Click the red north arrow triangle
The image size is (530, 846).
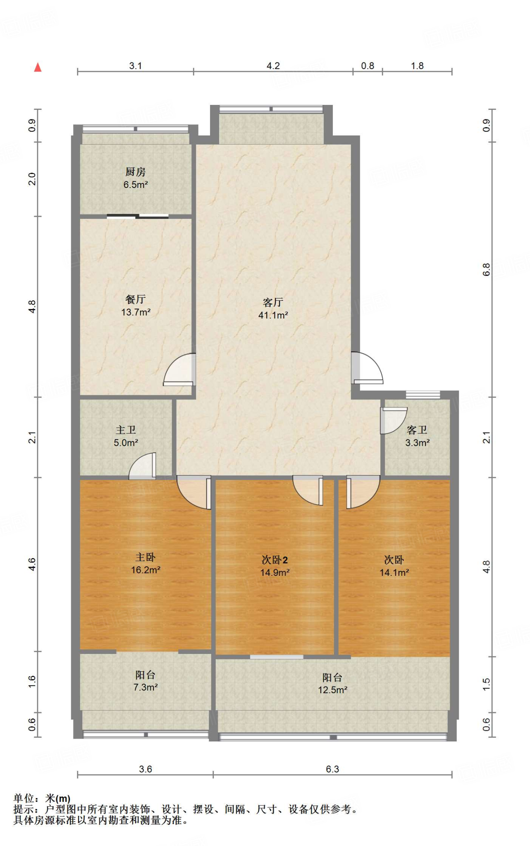coord(38,67)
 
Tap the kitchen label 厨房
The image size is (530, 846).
coord(136,172)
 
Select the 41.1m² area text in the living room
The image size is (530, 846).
coord(273,315)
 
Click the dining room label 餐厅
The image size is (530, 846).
coord(136,299)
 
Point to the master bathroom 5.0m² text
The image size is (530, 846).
coord(126,443)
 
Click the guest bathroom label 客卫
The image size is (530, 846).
coord(417,430)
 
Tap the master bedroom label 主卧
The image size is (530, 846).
coord(146,557)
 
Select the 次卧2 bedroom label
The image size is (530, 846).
coord(275,560)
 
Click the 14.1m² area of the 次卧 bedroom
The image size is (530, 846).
coord(394,573)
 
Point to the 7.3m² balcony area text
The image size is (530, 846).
coord(146,687)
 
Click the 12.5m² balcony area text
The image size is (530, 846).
coord(332,690)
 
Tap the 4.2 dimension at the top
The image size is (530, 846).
coord(273,66)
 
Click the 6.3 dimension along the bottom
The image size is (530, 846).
coord(332,769)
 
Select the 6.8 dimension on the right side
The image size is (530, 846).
coord(486,270)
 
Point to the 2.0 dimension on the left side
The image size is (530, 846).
coord(32,179)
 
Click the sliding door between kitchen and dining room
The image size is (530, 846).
coord(138,216)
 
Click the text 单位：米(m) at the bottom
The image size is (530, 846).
coord(42,798)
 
